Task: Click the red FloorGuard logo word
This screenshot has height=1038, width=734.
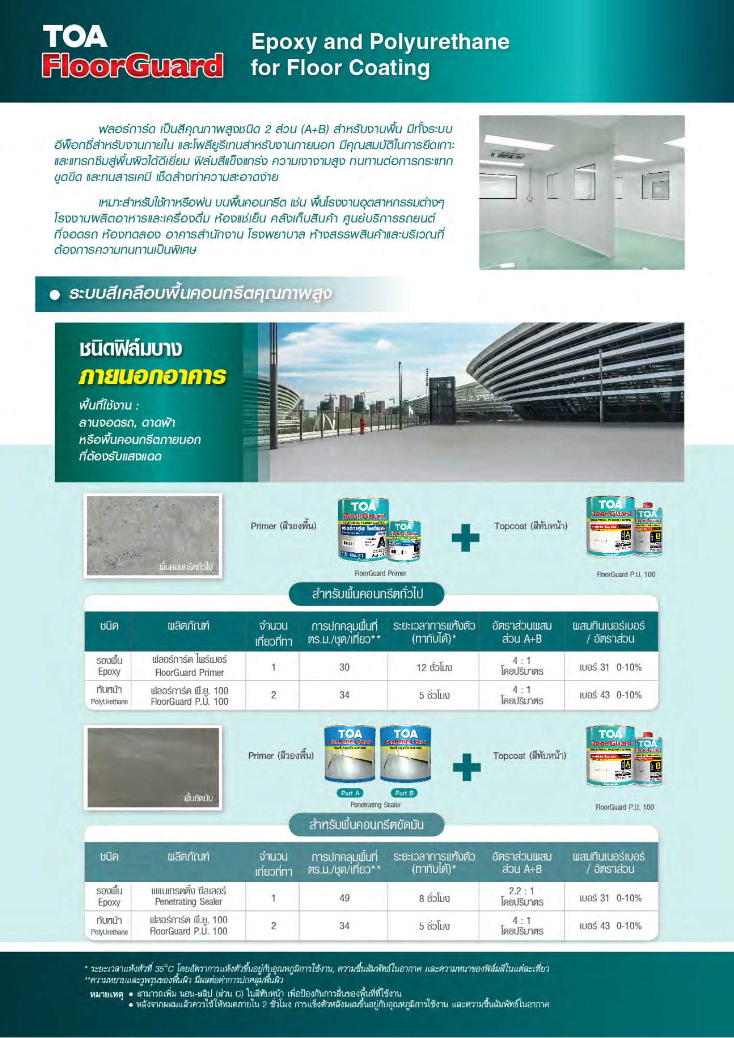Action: [x=132, y=66]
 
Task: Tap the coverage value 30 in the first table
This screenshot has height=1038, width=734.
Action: [x=344, y=667]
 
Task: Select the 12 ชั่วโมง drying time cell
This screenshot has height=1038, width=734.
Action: [x=434, y=667]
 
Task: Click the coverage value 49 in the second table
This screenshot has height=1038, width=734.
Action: [x=344, y=898]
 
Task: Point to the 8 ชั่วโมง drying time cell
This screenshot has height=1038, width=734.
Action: [x=434, y=898]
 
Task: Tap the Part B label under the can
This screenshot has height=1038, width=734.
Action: [x=404, y=793]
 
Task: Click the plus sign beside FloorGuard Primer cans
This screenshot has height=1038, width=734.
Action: [x=466, y=538]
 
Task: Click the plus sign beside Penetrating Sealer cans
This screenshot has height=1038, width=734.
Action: [x=466, y=767]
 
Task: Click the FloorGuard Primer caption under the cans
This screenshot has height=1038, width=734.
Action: [x=380, y=573]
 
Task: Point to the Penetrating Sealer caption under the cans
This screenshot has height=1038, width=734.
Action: [x=375, y=805]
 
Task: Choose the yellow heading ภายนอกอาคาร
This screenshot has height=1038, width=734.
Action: [x=153, y=376]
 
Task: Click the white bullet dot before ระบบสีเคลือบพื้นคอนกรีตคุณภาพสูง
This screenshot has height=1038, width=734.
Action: [x=55, y=295]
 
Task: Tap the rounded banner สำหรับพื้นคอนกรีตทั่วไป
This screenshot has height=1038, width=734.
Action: [x=366, y=594]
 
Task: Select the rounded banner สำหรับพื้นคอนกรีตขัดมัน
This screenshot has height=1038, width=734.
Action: [x=366, y=825]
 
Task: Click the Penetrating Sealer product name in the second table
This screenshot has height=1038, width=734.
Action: [x=188, y=902]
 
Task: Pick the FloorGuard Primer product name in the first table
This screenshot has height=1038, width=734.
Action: [x=189, y=673]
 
